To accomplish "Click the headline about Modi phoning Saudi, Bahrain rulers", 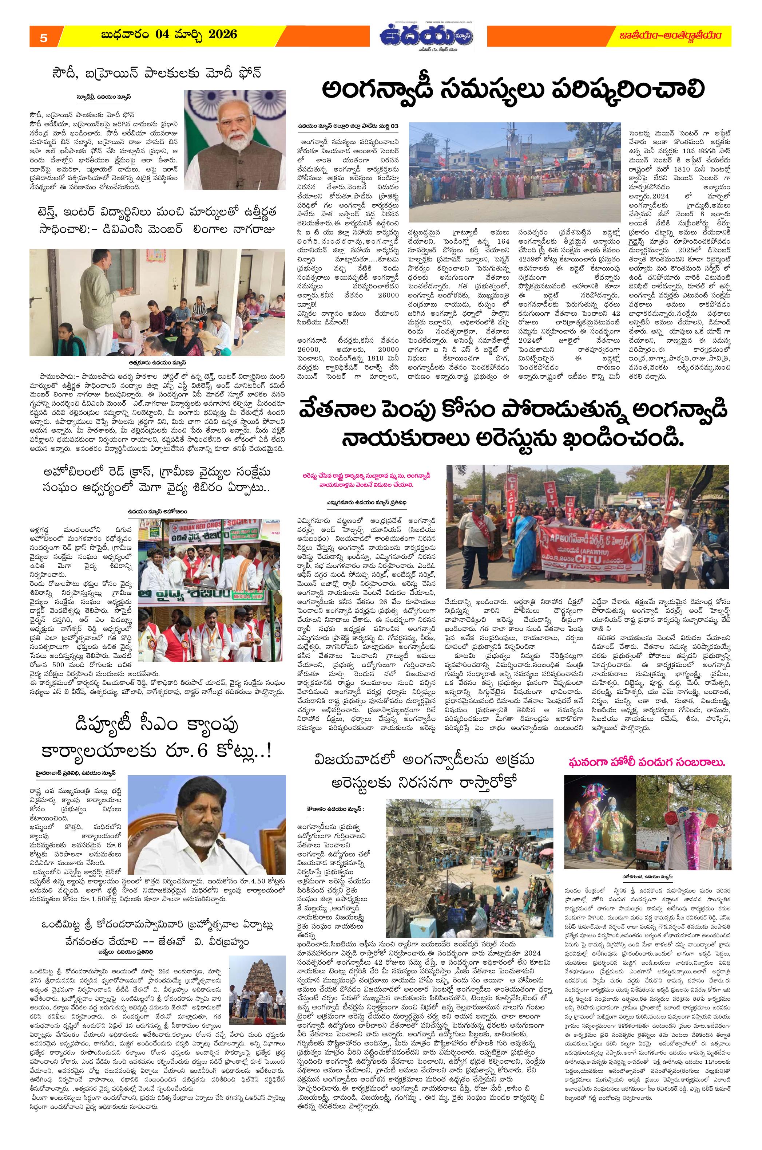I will click(156, 74).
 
